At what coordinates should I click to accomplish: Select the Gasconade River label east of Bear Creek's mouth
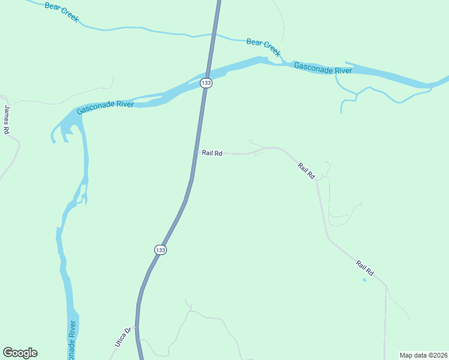[322, 68]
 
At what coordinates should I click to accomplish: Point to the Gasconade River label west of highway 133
[104, 107]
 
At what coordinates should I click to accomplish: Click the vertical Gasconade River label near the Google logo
[72, 340]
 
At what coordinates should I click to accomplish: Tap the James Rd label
[7, 119]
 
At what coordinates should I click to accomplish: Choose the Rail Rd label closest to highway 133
[212, 153]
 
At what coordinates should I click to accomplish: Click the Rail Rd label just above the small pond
[364, 268]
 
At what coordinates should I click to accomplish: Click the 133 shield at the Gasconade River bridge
[206, 83]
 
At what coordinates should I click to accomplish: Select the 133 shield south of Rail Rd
[160, 250]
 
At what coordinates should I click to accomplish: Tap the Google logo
[20, 353]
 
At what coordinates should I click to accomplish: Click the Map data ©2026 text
[423, 355]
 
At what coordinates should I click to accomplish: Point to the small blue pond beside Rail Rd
[364, 279]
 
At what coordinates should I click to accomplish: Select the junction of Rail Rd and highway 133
[196, 152]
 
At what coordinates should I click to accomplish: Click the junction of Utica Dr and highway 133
[137, 327]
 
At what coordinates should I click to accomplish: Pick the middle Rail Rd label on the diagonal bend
[306, 170]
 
